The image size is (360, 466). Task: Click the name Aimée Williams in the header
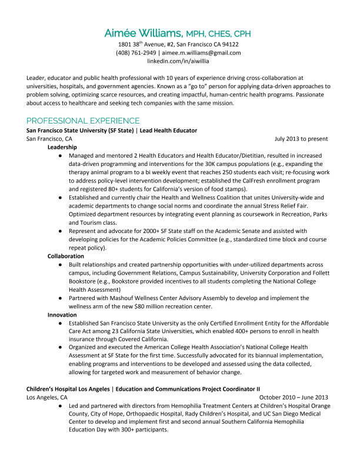click(x=144, y=32)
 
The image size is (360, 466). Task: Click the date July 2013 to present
click(x=301, y=139)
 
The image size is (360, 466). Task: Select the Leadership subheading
click(x=62, y=147)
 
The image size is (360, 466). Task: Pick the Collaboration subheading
click(x=66, y=256)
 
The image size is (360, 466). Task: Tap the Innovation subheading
click(x=62, y=315)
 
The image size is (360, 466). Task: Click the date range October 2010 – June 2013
click(x=294, y=398)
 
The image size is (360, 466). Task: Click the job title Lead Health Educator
click(x=168, y=130)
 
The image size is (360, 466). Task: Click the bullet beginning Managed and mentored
click(x=61, y=156)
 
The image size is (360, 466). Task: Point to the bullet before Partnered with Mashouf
click(x=61, y=298)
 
